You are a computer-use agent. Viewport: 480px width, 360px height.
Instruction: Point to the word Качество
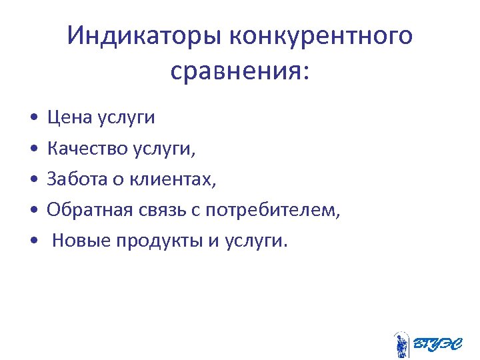pos(87,149)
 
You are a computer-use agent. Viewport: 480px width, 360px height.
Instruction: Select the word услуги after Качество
pos(164,150)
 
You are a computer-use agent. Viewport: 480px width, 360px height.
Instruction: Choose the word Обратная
pos(91,210)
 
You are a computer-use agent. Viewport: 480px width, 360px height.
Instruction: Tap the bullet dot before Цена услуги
pos(33,119)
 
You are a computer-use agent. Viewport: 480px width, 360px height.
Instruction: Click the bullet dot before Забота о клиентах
pos(33,180)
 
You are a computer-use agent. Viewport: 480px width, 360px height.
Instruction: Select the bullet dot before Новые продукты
pos(33,241)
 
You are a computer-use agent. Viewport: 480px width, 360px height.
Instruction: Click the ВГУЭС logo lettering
pos(437,344)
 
